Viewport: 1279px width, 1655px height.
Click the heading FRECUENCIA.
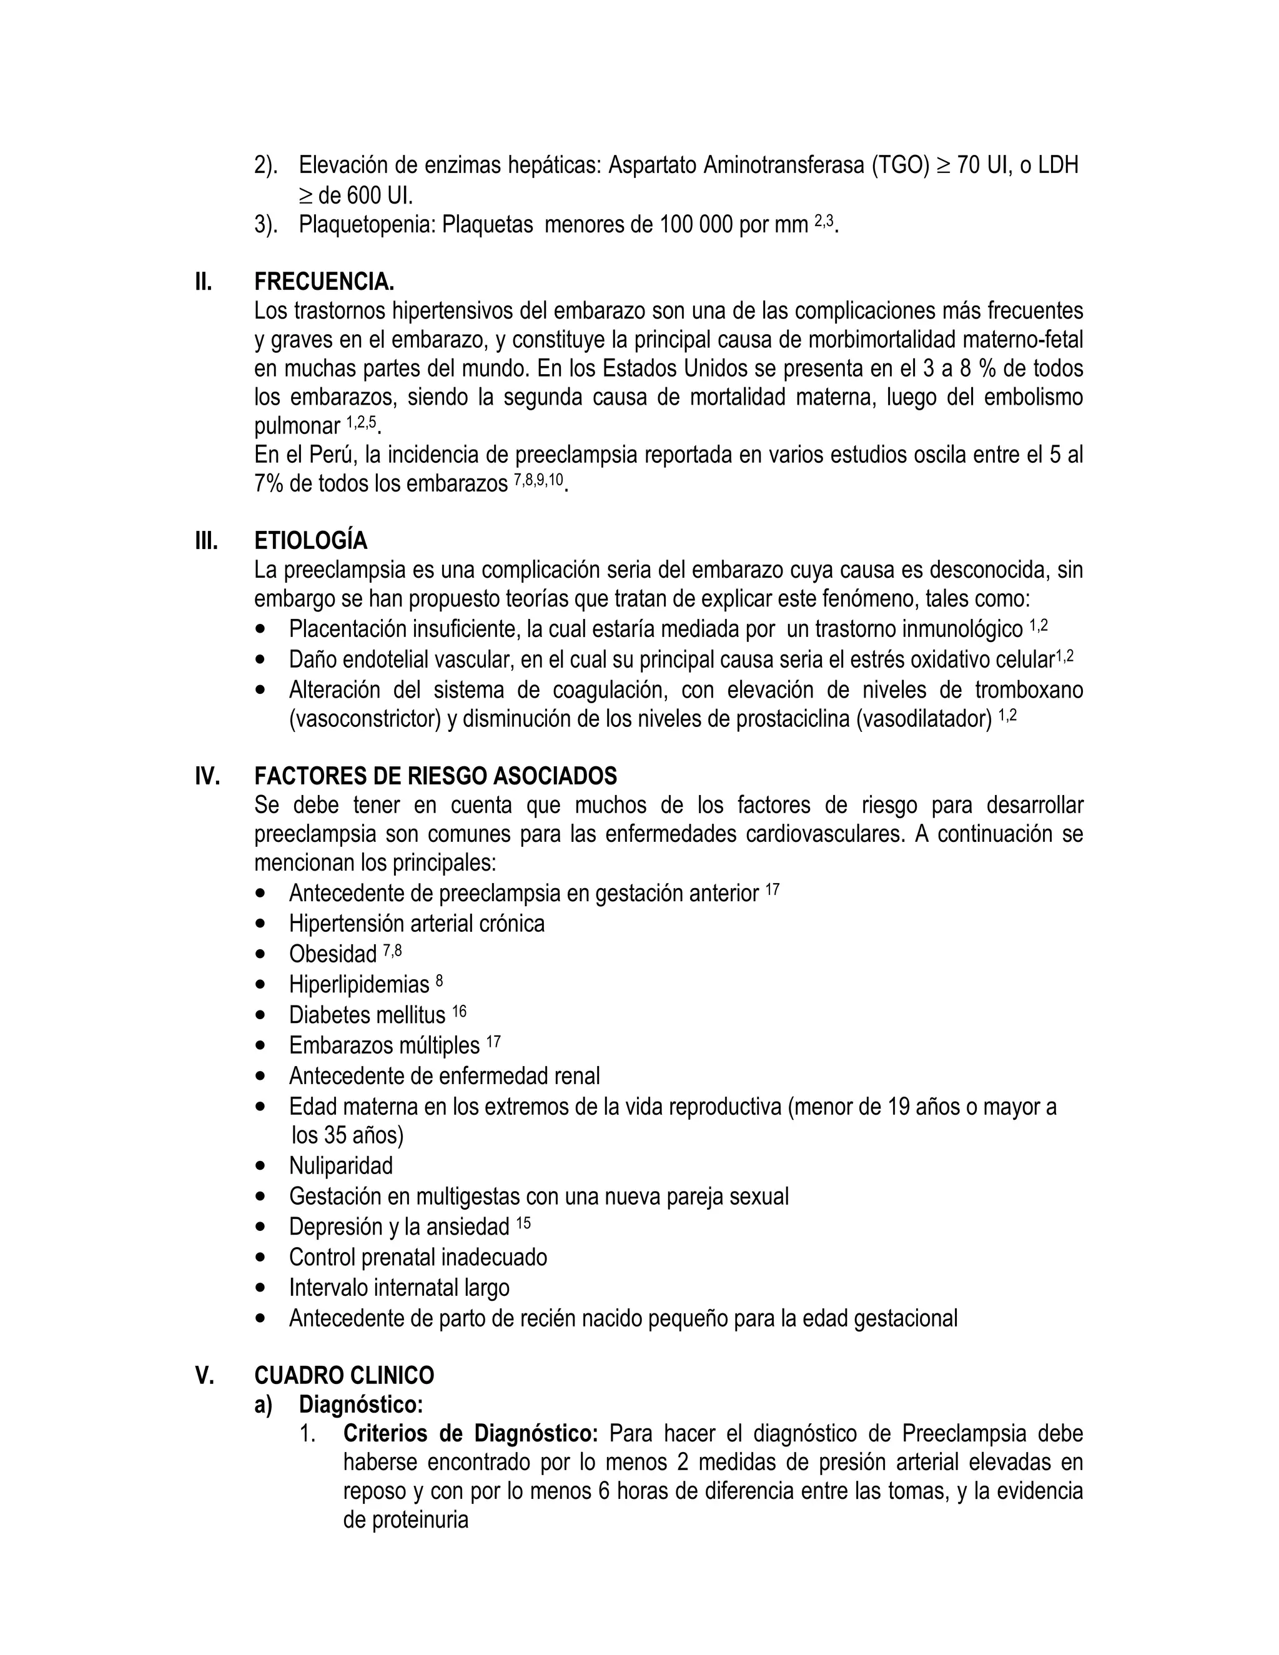323,282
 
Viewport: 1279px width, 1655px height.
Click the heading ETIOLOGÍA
310,541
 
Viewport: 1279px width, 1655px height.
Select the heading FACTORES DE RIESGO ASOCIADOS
436,776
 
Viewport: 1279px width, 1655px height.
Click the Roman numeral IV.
207,776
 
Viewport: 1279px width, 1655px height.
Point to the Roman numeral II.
204,282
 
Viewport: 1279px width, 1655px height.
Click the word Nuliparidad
341,1165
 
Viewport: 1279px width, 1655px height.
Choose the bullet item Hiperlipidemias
359,984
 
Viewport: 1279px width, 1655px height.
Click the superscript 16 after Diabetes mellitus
459,1012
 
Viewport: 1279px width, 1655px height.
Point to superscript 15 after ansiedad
523,1223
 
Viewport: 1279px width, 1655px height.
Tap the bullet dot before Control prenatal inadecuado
262,1258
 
